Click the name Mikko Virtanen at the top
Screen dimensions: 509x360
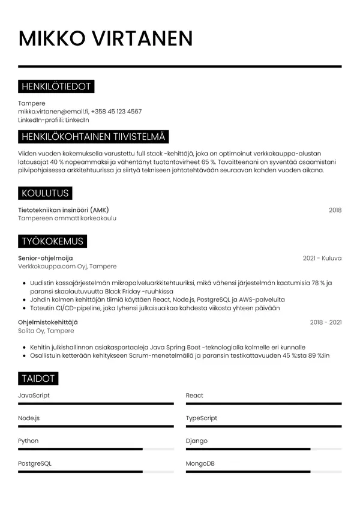coord(106,38)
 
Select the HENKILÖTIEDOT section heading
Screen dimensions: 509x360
coord(56,87)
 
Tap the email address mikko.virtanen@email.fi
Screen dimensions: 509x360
coord(53,112)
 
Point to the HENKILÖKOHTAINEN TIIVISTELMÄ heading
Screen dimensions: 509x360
coord(93,137)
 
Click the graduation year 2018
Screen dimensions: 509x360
coord(335,210)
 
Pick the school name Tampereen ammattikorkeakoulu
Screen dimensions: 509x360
coord(67,218)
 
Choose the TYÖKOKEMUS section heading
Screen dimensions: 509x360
coord(52,241)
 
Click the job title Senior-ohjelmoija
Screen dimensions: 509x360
coord(46,258)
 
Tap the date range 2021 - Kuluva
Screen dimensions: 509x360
coord(322,258)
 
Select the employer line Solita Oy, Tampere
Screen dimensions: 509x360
coord(46,331)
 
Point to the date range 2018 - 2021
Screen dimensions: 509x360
coord(325,322)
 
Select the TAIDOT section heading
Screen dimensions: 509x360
coord(38,379)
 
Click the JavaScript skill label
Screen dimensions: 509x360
coord(34,396)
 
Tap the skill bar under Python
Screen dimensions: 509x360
coord(96,449)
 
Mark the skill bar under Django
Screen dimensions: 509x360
coord(263,449)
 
